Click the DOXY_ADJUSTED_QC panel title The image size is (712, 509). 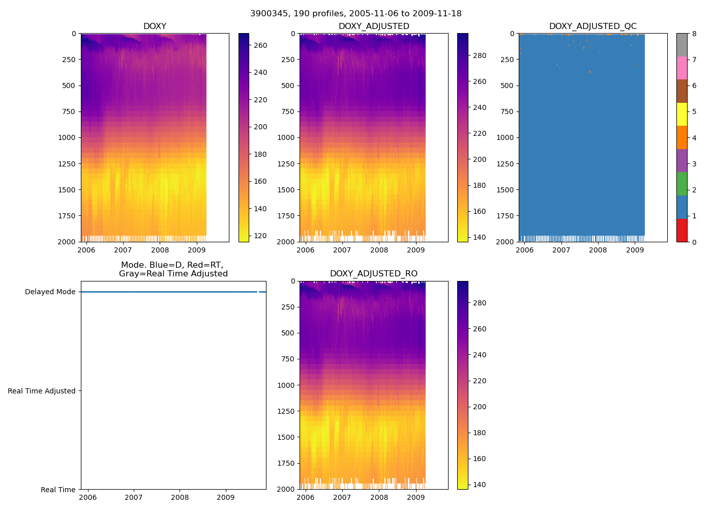pos(592,26)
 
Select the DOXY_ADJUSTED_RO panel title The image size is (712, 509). pos(373,274)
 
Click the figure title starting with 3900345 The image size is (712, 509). pos(356,14)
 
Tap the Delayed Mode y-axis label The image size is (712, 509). pos(50,292)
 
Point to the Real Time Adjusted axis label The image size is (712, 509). pos(42,391)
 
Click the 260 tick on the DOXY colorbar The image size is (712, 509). pos(260,45)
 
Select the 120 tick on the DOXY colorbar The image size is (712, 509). pos(260,236)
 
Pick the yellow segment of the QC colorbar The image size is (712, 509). pos(681,115)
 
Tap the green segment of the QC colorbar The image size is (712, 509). pos(681,184)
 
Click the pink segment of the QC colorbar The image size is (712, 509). pos(681,68)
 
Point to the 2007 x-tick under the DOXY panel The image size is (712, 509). pos(123,250)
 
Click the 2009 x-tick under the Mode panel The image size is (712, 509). pos(226,497)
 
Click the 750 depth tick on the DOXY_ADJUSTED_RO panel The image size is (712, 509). pos(288,359)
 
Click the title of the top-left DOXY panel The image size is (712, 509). pos(155,26)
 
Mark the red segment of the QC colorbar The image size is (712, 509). pos(681,230)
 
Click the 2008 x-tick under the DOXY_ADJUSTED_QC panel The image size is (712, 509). pos(598,250)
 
